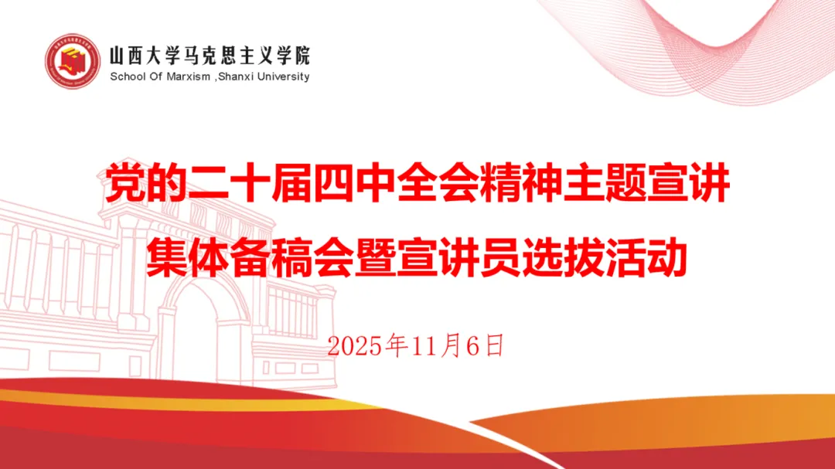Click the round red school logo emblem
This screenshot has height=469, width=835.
coord(73,61)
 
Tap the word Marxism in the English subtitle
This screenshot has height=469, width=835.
coord(189,76)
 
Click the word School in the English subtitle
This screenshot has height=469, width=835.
coord(127,76)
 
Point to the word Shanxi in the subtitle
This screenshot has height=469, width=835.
coord(235,76)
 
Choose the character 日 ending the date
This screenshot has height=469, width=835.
coord(495,345)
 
